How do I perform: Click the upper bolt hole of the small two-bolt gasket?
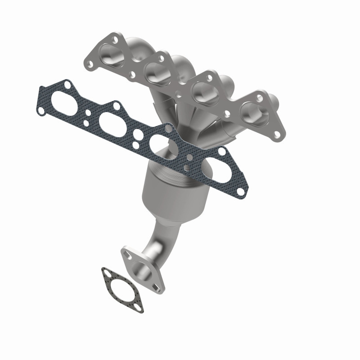pyautogui.click(x=105, y=272)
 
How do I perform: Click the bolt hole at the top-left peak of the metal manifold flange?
pyautogui.click(x=115, y=39)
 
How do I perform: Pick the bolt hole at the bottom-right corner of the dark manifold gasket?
pyautogui.click(x=241, y=192)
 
